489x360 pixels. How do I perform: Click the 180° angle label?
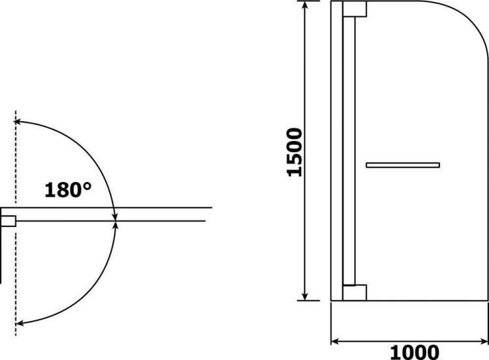pyautogui.click(x=68, y=190)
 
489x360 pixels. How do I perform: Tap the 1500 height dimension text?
pyautogui.click(x=295, y=152)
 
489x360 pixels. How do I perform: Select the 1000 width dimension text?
pyautogui.click(x=415, y=352)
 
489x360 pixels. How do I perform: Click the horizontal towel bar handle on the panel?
pyautogui.click(x=403, y=165)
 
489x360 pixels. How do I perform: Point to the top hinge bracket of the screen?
pyautogui.click(x=355, y=8)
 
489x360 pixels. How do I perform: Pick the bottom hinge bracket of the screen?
pyautogui.click(x=355, y=293)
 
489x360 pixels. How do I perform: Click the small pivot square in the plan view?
pyautogui.click(x=8, y=221)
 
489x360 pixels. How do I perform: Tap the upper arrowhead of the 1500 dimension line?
pyautogui.click(x=305, y=5)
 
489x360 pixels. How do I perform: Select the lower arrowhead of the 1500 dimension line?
pyautogui.click(x=305, y=296)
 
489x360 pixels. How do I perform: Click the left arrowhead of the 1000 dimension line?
pyautogui.click(x=335, y=341)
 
